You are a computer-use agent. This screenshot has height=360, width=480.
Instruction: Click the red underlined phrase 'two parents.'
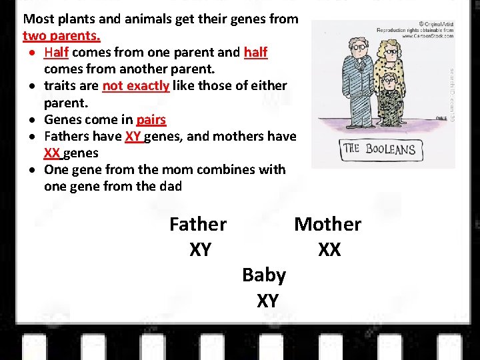pyautogui.click(x=61, y=35)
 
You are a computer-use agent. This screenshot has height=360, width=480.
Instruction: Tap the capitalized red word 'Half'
pyautogui.click(x=57, y=52)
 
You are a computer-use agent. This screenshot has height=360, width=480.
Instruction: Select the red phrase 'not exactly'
pyautogui.click(x=135, y=86)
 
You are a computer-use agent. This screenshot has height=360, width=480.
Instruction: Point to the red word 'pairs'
pyautogui.click(x=151, y=120)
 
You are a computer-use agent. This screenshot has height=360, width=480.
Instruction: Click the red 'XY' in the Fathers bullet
pyautogui.click(x=133, y=137)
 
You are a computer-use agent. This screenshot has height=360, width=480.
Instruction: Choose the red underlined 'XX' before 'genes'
pyautogui.click(x=53, y=153)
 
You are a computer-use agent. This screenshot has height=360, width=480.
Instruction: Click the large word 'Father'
pyautogui.click(x=198, y=225)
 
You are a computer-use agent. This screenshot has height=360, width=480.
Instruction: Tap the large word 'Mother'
pyautogui.click(x=327, y=225)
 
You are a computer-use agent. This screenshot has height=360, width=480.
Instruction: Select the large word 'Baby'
pyautogui.click(x=264, y=275)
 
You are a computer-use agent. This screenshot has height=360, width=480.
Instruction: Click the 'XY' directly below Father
pyautogui.click(x=200, y=250)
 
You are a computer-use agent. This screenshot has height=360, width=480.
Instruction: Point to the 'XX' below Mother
pyautogui.click(x=329, y=250)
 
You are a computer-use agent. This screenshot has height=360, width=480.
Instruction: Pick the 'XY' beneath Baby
pyautogui.click(x=267, y=301)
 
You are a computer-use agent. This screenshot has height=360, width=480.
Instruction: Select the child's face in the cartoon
pyautogui.click(x=388, y=83)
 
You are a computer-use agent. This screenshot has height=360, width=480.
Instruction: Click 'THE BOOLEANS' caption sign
pyautogui.click(x=379, y=149)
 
